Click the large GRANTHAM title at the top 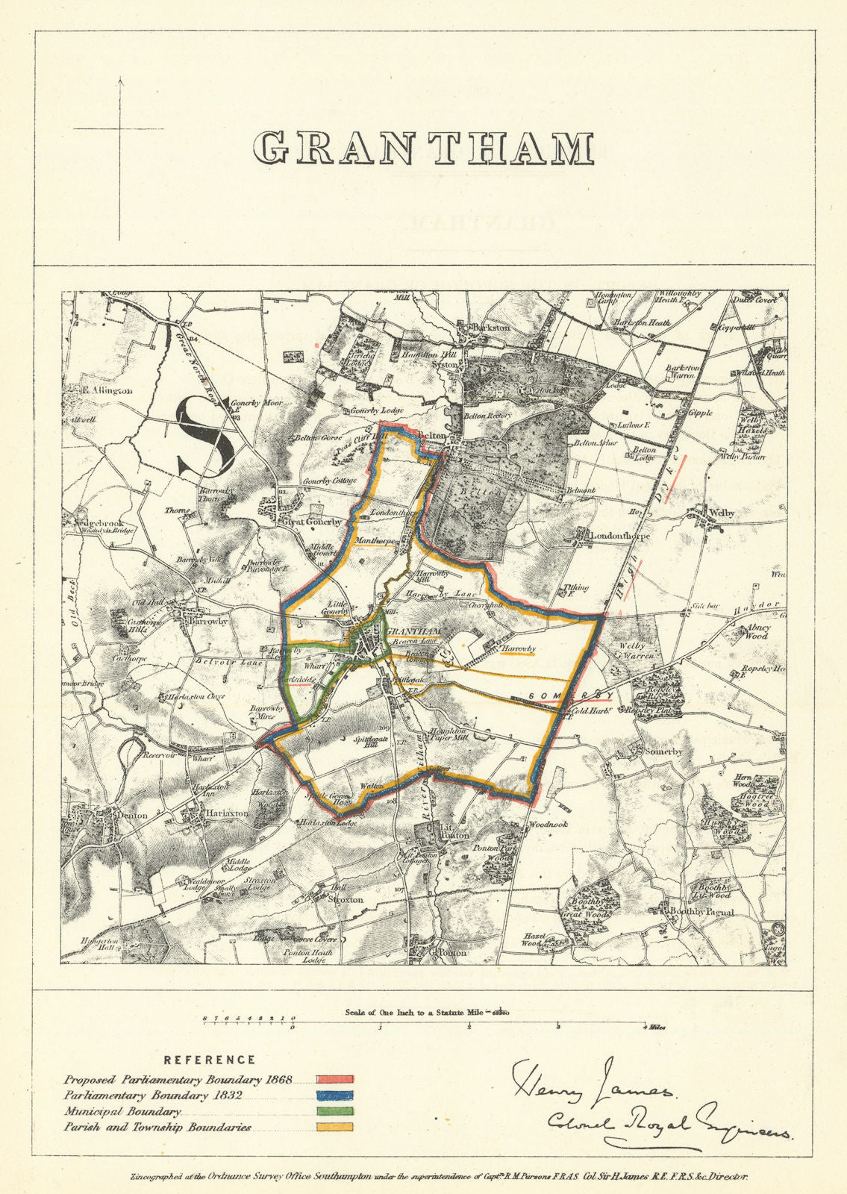[423, 148]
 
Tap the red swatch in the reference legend [334, 1079]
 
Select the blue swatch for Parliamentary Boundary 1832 [334, 1095]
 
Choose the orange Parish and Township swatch [334, 1128]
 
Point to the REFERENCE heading [210, 1060]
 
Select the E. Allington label [108, 390]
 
